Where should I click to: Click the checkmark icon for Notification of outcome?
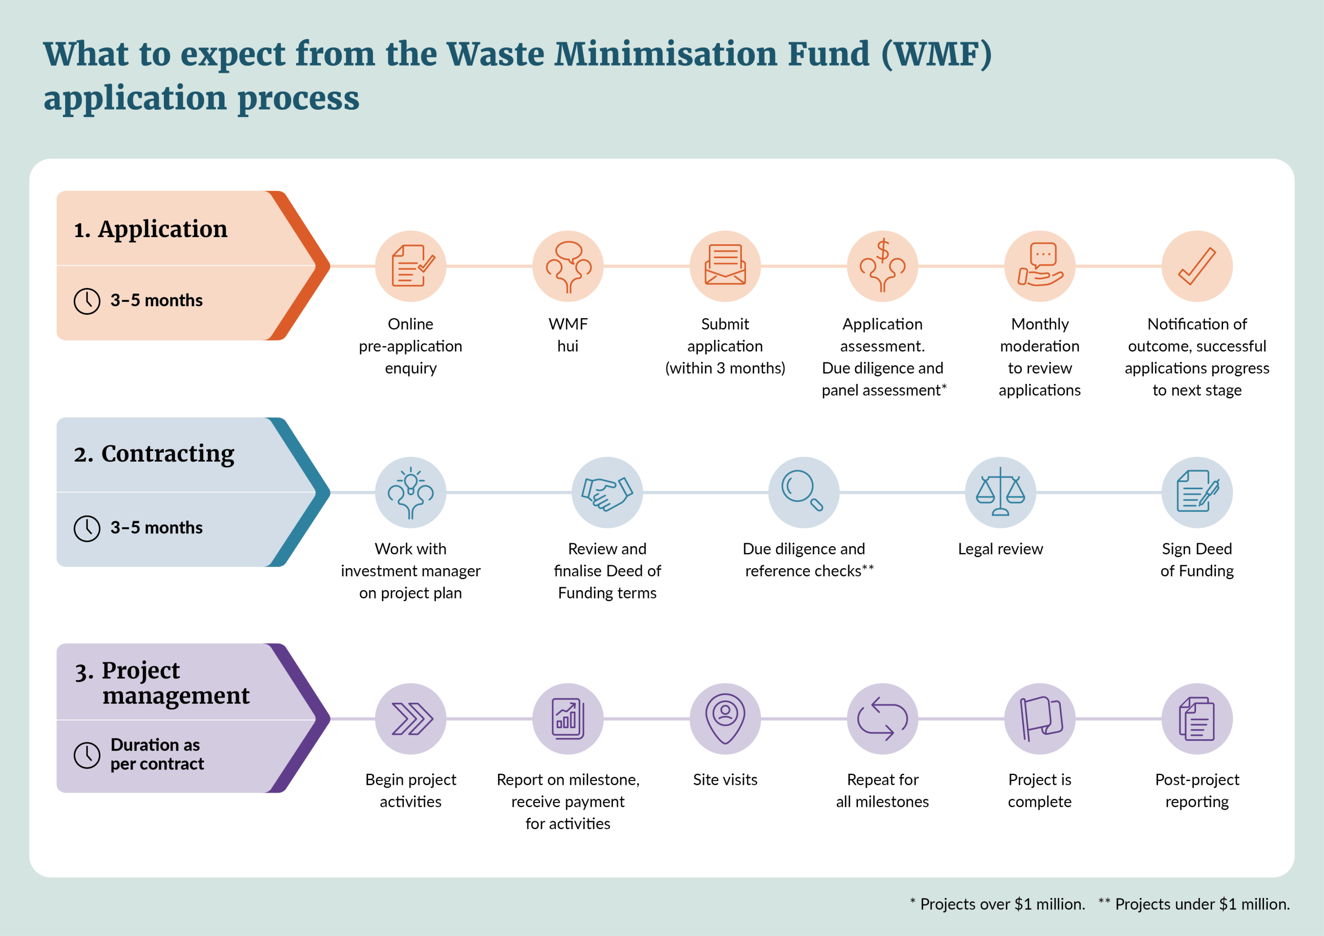(1197, 266)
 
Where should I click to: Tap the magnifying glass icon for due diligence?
(803, 492)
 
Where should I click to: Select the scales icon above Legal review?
(1000, 492)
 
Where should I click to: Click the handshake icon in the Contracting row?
(607, 492)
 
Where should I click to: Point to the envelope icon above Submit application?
(725, 266)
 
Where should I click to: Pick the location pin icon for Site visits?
(725, 719)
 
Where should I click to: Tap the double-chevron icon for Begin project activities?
(410, 719)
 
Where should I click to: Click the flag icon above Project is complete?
(1040, 719)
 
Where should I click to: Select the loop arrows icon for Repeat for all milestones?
(882, 719)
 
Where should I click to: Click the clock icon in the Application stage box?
(87, 301)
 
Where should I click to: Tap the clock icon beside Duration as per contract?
(87, 755)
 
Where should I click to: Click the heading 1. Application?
(151, 229)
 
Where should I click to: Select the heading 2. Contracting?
(154, 454)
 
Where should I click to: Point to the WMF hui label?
(568, 335)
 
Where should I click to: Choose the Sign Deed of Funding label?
(1197, 559)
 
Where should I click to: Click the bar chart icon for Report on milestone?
(568, 719)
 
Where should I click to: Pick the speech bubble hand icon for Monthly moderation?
(1040, 266)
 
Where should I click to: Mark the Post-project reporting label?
(1197, 790)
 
